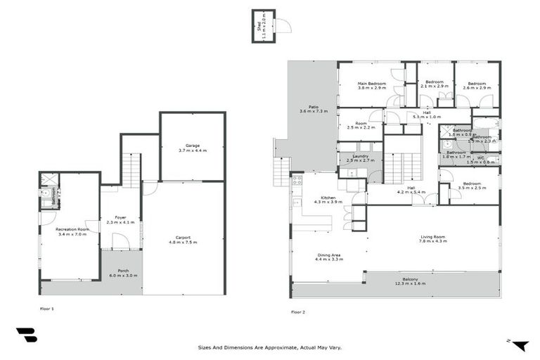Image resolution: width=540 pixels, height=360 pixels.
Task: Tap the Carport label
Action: [x=183, y=238]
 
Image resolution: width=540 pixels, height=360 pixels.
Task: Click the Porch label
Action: [x=123, y=271]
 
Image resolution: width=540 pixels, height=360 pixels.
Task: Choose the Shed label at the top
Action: [x=259, y=27]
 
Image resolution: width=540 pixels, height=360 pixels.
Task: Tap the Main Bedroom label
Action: [x=372, y=84]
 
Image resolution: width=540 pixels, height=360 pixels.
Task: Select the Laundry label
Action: [x=361, y=156]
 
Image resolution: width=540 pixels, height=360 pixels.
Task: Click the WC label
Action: [x=480, y=158]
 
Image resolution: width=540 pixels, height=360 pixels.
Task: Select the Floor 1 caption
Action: [x=47, y=309]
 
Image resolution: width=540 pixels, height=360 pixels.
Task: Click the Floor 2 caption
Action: [x=297, y=311]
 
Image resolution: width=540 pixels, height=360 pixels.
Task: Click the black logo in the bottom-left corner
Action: [x=26, y=336]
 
